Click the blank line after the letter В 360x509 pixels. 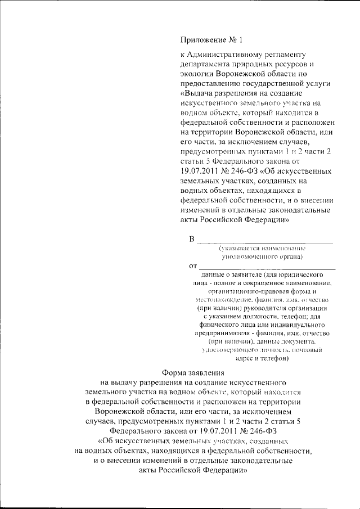(x=265, y=242)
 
